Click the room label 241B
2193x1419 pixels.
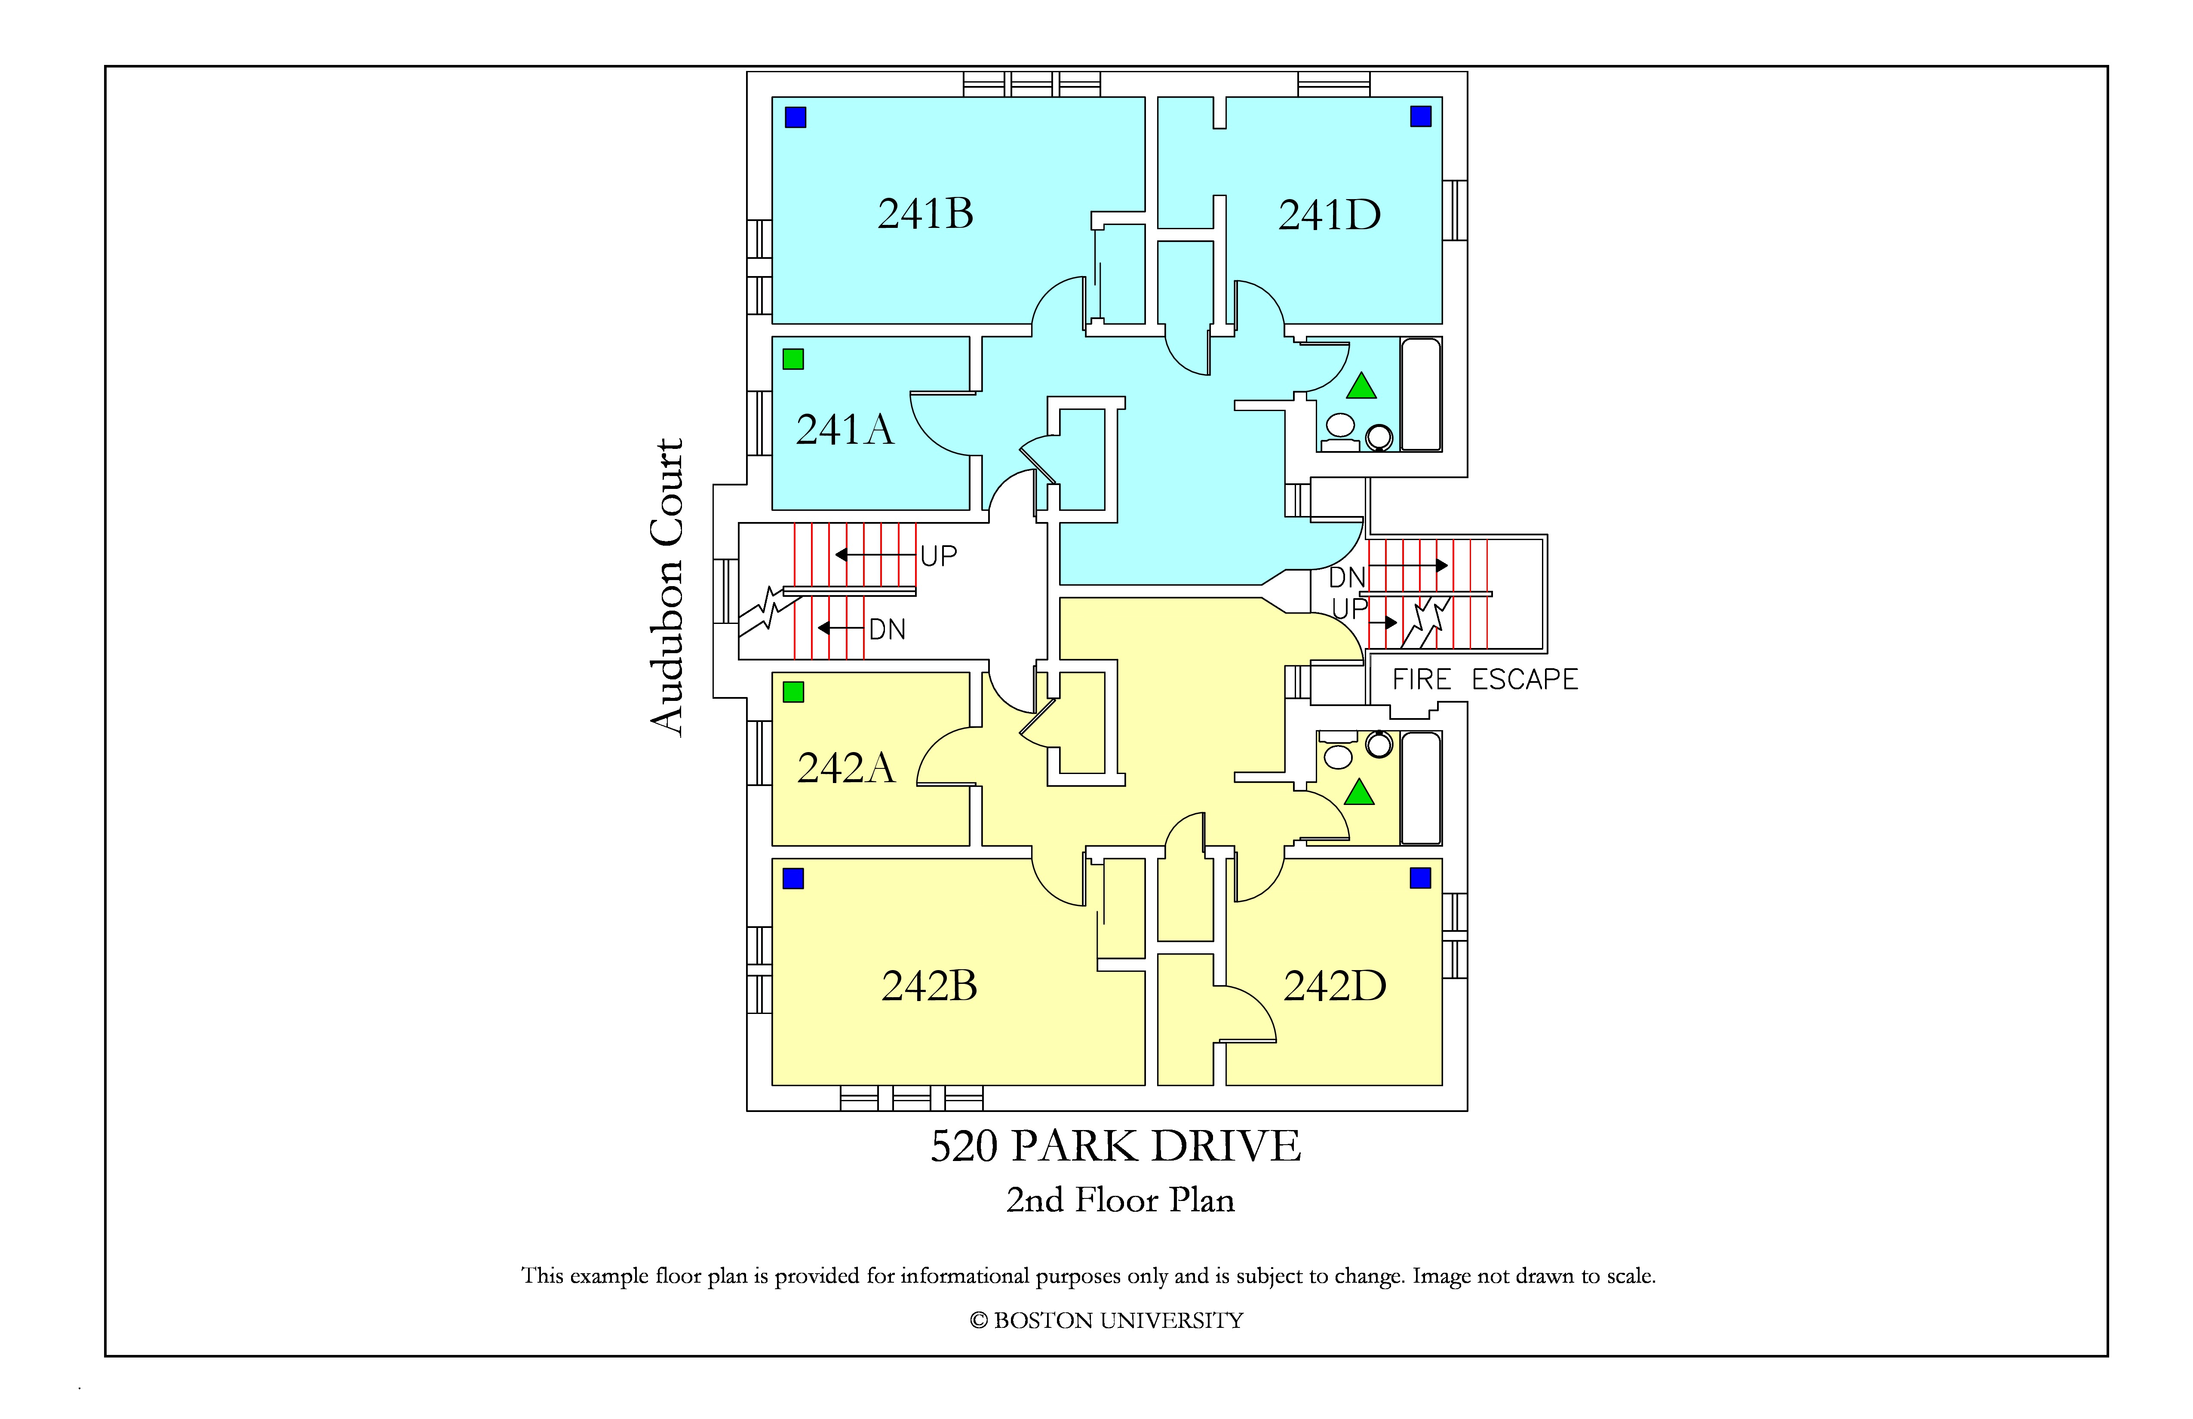coord(925,214)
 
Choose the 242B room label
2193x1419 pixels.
coord(929,986)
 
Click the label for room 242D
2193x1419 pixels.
coord(1334,986)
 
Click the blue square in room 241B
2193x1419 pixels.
coord(795,117)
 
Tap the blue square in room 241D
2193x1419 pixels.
coord(1420,116)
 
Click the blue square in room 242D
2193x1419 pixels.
coord(1420,878)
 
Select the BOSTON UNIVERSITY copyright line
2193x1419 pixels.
coord(1106,1321)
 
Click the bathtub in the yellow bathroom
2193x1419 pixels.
coord(1421,788)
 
